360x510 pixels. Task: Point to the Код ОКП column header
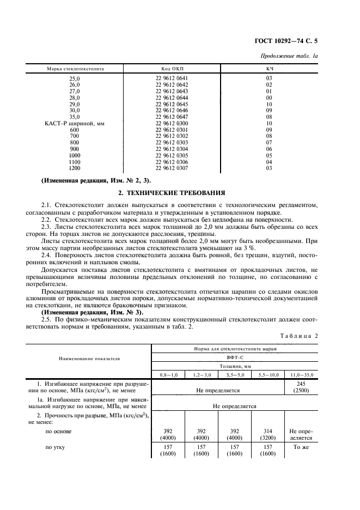(x=172, y=69)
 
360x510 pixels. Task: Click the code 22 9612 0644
(x=172, y=98)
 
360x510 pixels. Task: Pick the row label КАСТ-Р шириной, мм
(x=75, y=124)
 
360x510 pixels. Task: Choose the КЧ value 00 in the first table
(x=269, y=98)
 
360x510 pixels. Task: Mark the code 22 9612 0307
(x=172, y=168)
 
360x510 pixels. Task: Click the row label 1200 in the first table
(x=75, y=168)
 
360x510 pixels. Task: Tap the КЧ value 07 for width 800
(x=269, y=143)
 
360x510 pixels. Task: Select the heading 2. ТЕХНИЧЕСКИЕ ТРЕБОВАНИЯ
(x=180, y=193)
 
